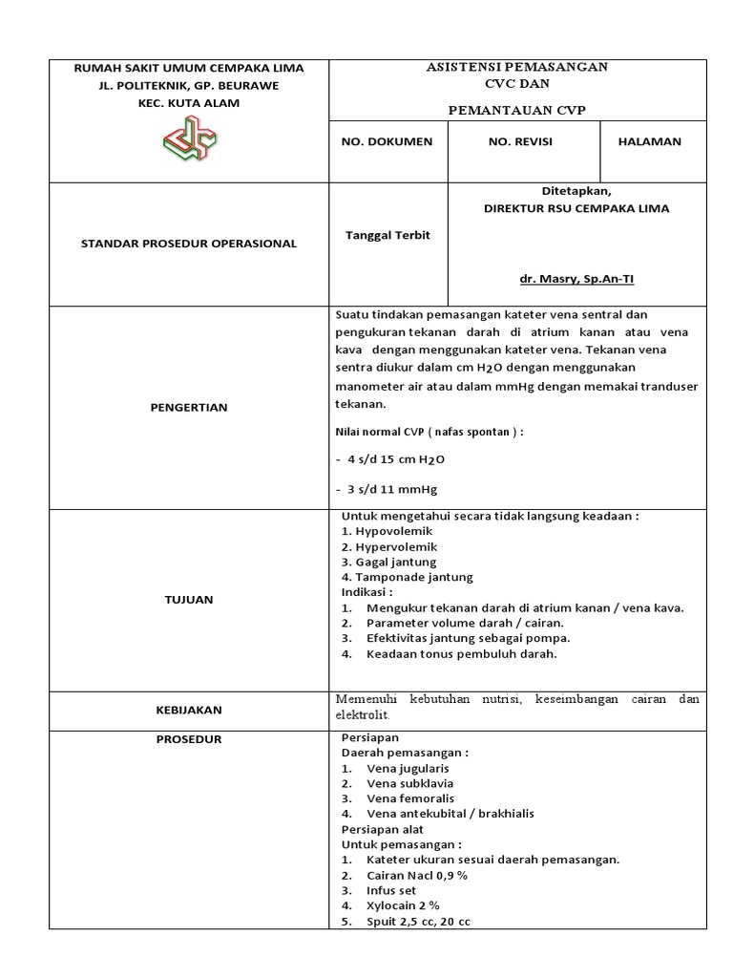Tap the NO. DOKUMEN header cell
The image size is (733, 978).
coord(387,141)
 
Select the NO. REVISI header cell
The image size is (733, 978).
coord(520,141)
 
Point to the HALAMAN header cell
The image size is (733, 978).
coord(650,141)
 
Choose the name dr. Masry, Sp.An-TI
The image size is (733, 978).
coord(576,281)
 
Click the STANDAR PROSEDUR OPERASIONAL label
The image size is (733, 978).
coord(188,244)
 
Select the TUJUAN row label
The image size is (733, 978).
coord(188,600)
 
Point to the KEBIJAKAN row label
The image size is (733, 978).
coord(188,711)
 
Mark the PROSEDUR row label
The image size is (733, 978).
coord(188,739)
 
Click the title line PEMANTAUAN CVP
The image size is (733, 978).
coord(517,111)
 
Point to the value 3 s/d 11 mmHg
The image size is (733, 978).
coord(387,490)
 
